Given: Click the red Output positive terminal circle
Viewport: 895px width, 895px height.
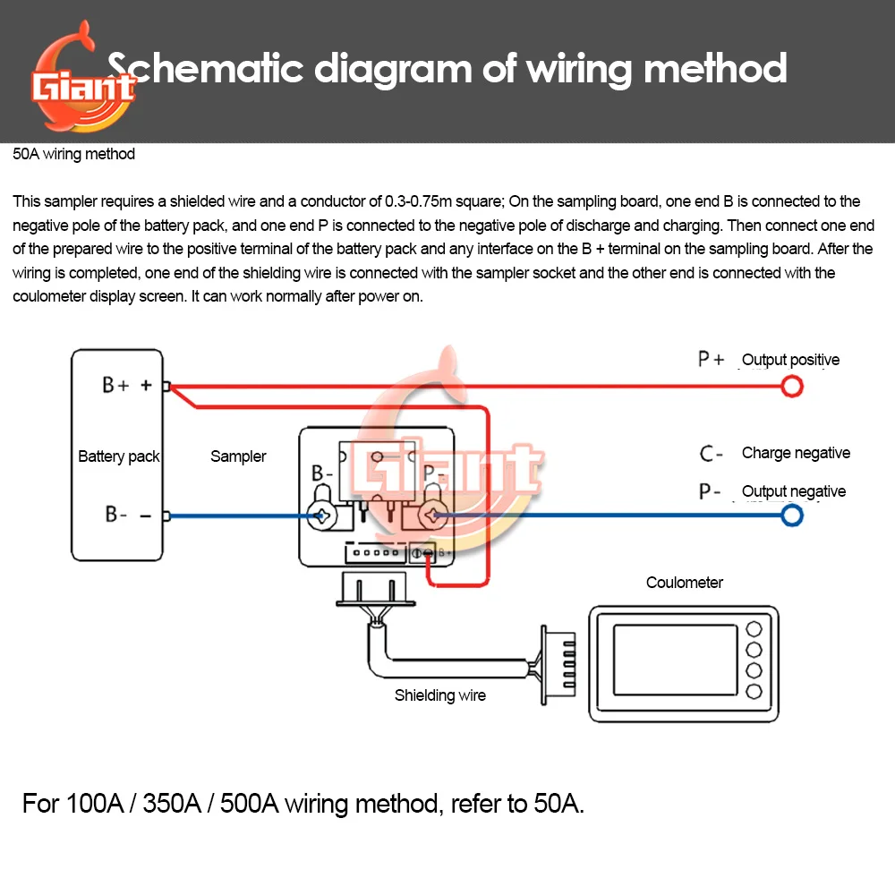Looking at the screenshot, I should (x=792, y=387).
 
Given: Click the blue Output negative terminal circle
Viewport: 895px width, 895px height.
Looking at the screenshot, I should (x=792, y=516).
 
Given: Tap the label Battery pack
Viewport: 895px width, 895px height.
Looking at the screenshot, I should (x=118, y=456).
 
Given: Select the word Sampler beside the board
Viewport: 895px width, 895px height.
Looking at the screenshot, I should (x=238, y=456).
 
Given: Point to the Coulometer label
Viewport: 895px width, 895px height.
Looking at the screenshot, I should (x=685, y=583).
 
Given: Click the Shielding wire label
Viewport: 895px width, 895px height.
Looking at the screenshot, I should (x=440, y=695).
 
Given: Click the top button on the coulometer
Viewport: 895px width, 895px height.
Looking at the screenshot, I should (x=754, y=628).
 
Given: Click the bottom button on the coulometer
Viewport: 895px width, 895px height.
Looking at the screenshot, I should (x=754, y=691).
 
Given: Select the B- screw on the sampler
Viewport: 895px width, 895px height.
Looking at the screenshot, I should (x=321, y=516).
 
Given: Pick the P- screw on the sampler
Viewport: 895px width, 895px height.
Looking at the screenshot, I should (x=436, y=516).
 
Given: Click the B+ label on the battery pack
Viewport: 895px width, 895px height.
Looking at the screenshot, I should (x=115, y=386).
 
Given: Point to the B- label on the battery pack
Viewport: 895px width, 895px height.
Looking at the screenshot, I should (x=117, y=515).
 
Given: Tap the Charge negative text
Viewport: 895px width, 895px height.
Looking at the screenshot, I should (x=796, y=453).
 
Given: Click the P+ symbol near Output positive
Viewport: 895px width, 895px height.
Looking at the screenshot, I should (x=712, y=360).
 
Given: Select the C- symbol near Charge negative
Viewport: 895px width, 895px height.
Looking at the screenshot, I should (x=712, y=454).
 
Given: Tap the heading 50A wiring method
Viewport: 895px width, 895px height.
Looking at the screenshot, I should (x=74, y=154).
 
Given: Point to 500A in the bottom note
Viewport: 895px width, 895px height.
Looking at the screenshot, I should (x=242, y=803).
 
